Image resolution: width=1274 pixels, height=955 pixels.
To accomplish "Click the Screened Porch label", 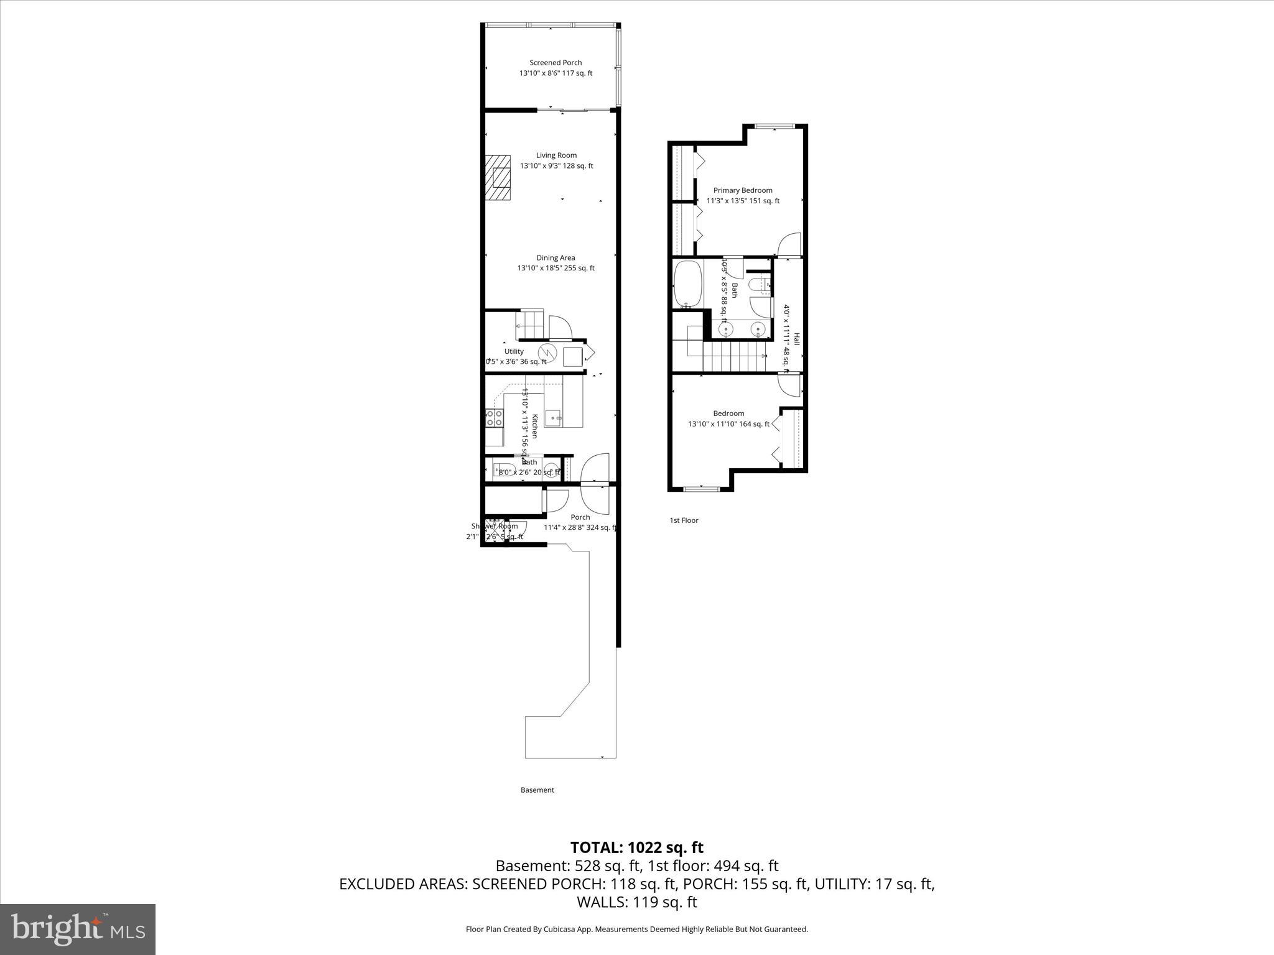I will (x=556, y=63).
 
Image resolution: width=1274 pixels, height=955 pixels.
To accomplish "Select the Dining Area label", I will (x=556, y=258).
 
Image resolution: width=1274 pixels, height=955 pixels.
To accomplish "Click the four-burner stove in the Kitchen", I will (x=495, y=418).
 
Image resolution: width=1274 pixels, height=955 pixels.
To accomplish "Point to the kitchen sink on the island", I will (x=554, y=418).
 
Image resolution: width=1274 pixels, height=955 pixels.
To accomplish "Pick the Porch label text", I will (x=580, y=517).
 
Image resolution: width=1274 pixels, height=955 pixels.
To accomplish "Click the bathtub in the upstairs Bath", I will (x=687, y=284).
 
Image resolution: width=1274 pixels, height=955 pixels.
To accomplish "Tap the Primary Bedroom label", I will (x=743, y=191).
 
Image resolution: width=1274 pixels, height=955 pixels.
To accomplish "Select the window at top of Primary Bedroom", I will (x=774, y=127).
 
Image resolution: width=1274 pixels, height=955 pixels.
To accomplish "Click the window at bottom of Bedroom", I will (x=702, y=489).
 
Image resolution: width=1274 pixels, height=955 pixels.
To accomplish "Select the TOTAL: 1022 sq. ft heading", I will (x=636, y=847).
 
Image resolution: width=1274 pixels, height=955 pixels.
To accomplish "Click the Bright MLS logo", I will (x=78, y=929).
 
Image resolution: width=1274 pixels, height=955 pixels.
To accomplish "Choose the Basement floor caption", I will (x=537, y=790).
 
